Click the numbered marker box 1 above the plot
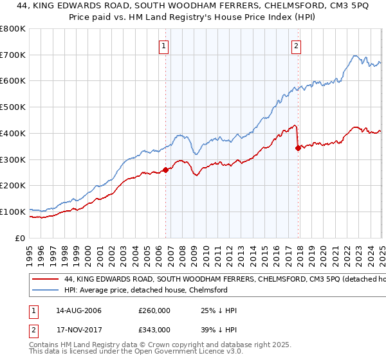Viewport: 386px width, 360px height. coord(165,46)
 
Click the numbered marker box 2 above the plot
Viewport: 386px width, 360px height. coord(296,46)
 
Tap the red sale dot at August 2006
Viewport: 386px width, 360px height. coord(165,170)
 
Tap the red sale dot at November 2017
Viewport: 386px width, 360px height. coord(298,148)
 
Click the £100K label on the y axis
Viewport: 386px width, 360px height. coord(14,212)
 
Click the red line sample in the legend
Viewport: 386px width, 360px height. coord(45,280)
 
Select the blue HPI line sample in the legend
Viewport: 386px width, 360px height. coord(45,291)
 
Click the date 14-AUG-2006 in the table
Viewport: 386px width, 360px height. coord(78,310)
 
